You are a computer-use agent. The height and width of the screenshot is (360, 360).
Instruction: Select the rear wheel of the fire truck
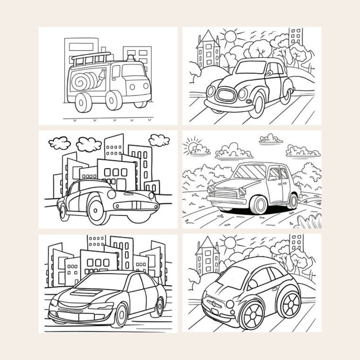pyautogui.click(x=83, y=102)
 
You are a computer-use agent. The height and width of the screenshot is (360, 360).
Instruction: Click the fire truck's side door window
pyautogui.click(x=116, y=72)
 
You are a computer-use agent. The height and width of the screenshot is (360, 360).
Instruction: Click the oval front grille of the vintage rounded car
pyautogui.click(x=227, y=94)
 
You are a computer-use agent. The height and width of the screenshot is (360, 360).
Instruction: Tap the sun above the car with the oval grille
pyautogui.click(x=230, y=37)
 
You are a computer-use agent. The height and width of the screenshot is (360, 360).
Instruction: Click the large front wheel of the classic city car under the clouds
pyautogui.click(x=97, y=210)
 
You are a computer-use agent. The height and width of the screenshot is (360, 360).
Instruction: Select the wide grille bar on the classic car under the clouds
pyautogui.click(x=136, y=206)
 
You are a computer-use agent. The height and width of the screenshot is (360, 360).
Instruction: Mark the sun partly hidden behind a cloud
pyautogui.click(x=193, y=147)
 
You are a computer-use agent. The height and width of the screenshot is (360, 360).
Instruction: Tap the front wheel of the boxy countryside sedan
pyautogui.click(x=258, y=204)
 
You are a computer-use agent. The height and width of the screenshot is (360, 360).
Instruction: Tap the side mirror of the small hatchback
pyautogui.click(x=253, y=284)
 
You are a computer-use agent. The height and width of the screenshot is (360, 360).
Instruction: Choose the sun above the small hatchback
pyautogui.click(x=230, y=243)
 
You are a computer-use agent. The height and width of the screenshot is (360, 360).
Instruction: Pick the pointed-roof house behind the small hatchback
pyautogui.click(x=208, y=257)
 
